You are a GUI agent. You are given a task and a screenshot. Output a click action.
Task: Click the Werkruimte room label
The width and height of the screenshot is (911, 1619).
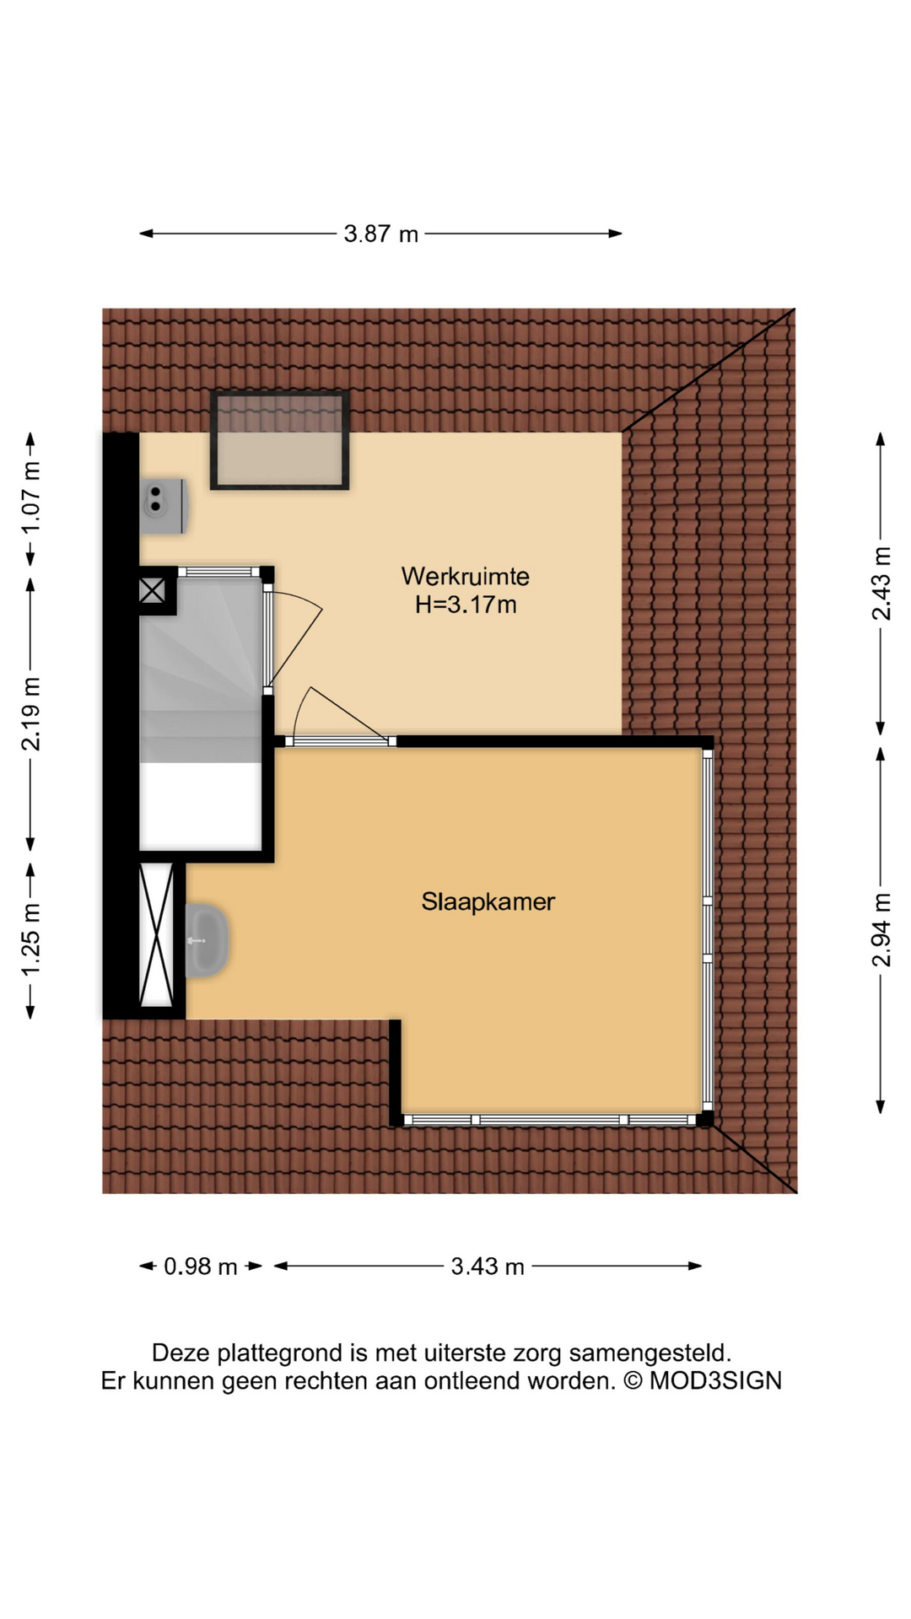465,577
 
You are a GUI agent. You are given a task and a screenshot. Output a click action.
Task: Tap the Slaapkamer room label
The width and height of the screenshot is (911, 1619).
488,901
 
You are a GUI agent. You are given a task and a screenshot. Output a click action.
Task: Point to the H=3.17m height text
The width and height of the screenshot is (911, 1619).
466,605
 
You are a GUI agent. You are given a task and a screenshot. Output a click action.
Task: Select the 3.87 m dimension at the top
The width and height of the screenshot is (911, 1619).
380,234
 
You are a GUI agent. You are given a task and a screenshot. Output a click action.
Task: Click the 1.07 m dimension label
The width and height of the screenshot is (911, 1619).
30,498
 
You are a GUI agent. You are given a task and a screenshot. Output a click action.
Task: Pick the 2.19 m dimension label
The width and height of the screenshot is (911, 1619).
30,714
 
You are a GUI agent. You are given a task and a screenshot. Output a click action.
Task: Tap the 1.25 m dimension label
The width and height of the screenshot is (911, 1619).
30,940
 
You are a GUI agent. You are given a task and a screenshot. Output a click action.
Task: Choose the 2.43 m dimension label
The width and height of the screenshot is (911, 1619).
881,584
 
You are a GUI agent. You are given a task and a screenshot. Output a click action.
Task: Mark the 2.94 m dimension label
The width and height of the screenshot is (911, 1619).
881,930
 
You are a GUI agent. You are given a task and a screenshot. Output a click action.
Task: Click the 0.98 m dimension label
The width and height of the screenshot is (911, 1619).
200,1267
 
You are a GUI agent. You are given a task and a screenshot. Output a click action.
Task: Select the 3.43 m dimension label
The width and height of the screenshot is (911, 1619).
488,1267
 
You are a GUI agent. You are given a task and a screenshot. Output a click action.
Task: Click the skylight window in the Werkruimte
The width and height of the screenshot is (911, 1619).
279,440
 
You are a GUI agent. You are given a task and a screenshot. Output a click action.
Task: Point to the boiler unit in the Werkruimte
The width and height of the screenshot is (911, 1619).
164,506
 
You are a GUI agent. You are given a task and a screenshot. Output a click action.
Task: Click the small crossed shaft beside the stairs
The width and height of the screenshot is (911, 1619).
152,590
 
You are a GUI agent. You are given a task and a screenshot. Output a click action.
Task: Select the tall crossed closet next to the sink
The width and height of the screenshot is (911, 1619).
156,934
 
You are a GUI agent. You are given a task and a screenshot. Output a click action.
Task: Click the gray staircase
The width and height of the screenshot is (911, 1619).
201,670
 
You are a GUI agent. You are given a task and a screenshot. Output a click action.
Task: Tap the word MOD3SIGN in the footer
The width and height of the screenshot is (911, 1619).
715,1381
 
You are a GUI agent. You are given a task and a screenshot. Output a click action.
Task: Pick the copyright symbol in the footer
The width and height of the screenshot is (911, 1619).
633,1381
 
